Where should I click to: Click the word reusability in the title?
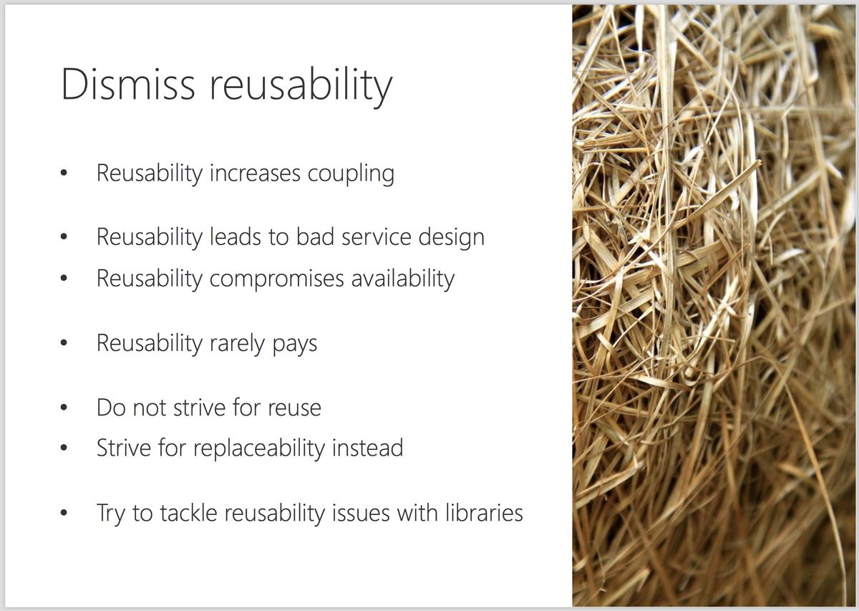pos(301,87)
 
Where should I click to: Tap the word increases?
pos(255,173)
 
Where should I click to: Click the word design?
pos(452,239)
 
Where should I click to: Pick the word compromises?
pos(276,279)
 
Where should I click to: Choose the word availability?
pos(402,279)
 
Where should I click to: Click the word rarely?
pos(238,344)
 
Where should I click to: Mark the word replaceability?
pos(259,448)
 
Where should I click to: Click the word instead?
pos(367,448)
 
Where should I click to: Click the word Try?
pos(111,514)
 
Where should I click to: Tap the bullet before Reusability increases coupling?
pos(64,173)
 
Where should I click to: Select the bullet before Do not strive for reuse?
pos(64,407)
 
